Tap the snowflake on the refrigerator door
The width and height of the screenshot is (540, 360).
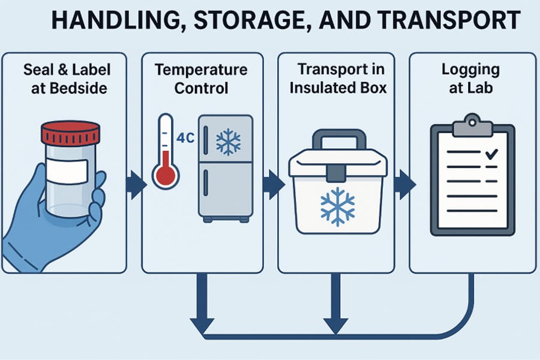pyautogui.click(x=227, y=142)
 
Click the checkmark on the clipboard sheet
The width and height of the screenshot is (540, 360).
pyautogui.click(x=491, y=154)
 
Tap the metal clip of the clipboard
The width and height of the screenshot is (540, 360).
pyautogui.click(x=472, y=127)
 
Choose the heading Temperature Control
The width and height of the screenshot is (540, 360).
pyautogui.click(x=201, y=79)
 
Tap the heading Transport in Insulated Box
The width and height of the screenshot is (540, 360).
pyautogui.click(x=338, y=79)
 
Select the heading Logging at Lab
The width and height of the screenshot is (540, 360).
pyautogui.click(x=471, y=79)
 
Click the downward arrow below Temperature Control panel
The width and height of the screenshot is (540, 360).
pyautogui.click(x=200, y=306)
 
